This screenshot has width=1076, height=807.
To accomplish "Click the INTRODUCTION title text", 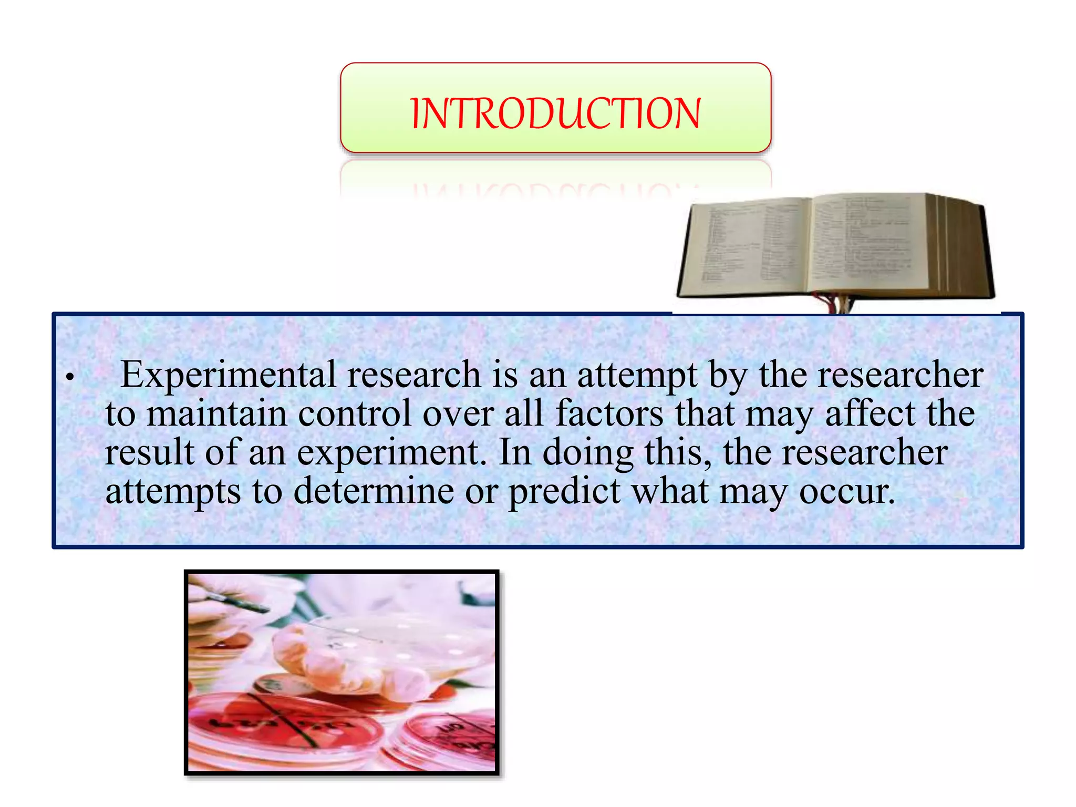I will click(x=555, y=113).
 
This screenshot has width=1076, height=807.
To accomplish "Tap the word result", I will click(x=149, y=453).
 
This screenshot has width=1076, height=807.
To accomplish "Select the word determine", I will click(x=374, y=492).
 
